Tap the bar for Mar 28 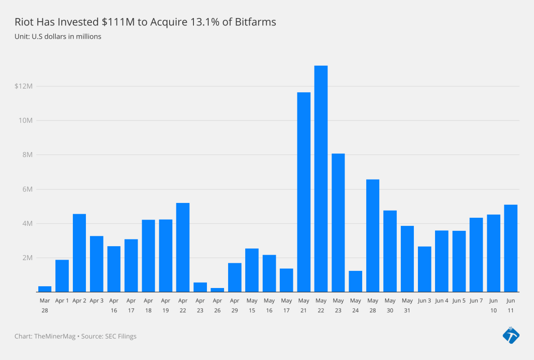45,289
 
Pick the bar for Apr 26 217,290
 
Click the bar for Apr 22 183,247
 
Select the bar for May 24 355,281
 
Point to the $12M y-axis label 23,86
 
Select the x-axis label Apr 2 79,301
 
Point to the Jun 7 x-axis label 476,301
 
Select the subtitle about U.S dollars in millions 58,36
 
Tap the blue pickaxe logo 511,335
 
